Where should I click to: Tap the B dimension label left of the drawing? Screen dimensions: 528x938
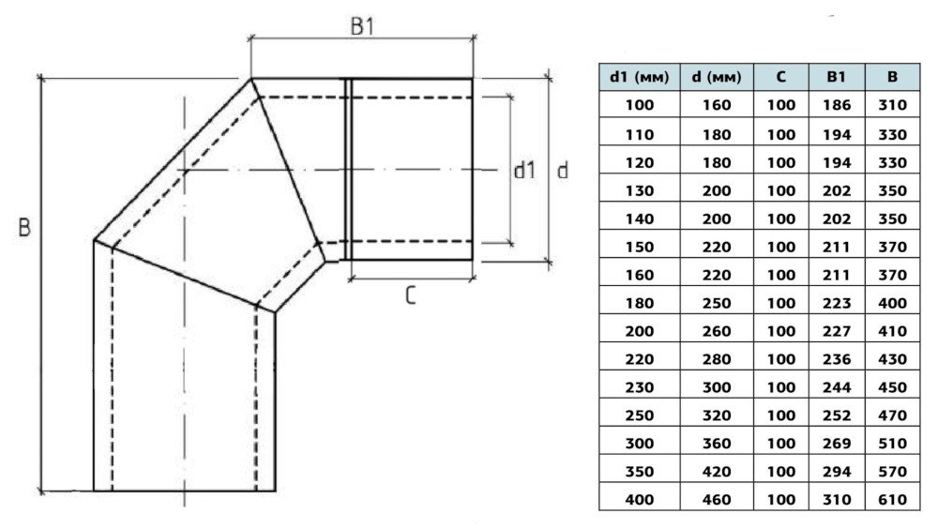pyautogui.click(x=24, y=228)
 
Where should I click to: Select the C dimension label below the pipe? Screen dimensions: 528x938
pyautogui.click(x=411, y=295)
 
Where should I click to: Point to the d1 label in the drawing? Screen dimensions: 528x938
pyautogui.click(x=524, y=171)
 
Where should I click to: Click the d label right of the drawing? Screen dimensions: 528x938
pyautogui.click(x=562, y=171)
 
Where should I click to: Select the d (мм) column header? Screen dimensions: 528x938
pyautogui.click(x=717, y=78)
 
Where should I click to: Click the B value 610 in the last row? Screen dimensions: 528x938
pyautogui.click(x=892, y=500)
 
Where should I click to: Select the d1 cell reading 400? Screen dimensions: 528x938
pyautogui.click(x=639, y=500)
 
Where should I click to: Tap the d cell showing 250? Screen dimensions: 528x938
pyautogui.click(x=717, y=303)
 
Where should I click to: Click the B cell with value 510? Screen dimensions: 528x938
pyautogui.click(x=892, y=444)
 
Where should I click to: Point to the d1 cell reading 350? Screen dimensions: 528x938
pyautogui.click(x=639, y=472)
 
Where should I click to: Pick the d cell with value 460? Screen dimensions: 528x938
pyautogui.click(x=717, y=500)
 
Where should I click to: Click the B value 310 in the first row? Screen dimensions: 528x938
pyautogui.click(x=892, y=106)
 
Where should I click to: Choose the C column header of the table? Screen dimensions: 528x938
pyautogui.click(x=781, y=78)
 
